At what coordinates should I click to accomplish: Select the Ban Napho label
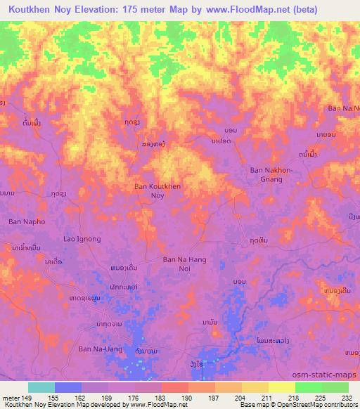(27, 221)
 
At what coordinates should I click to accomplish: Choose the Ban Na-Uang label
(96, 349)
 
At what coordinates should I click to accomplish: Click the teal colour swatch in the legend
(41, 387)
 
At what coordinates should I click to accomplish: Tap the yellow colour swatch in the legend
(282, 387)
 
